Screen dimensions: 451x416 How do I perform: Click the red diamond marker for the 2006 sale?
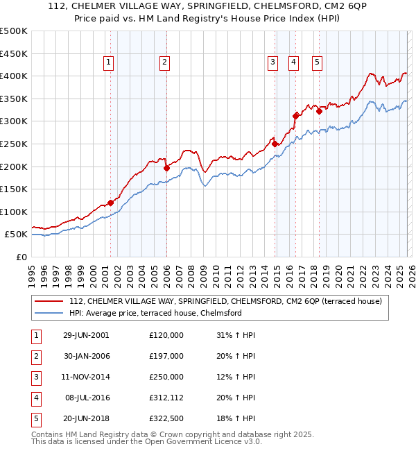[x=166, y=167]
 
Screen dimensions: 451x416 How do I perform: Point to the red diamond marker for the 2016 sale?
[x=296, y=116]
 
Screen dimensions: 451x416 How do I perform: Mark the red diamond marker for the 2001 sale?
[x=110, y=203]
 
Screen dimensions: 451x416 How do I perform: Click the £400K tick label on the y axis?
[x=14, y=76]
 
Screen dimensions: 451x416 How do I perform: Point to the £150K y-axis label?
[x=14, y=189]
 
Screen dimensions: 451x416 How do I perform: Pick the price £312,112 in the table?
[x=166, y=398]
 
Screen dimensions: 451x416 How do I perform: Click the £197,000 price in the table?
[x=166, y=356]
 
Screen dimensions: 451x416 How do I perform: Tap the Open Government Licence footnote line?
[x=147, y=441]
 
